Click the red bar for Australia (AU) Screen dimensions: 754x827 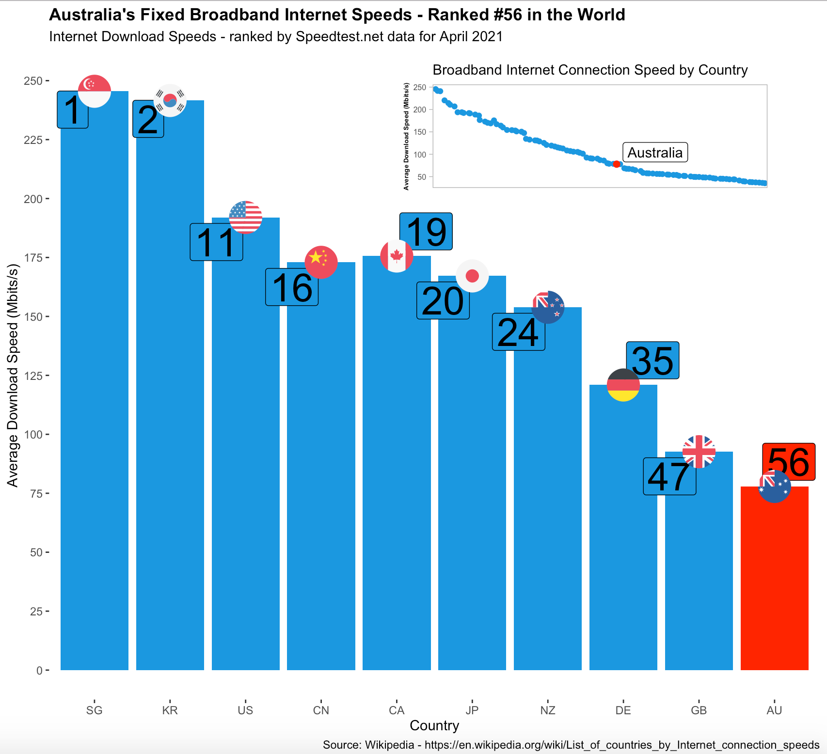coord(774,581)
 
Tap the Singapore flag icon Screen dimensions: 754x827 coord(95,91)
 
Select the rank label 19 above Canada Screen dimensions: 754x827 coord(426,232)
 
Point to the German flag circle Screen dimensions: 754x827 coord(623,385)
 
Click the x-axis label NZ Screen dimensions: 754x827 coord(547,710)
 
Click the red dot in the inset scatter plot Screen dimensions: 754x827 coord(616,164)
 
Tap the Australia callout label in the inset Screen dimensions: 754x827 coord(654,153)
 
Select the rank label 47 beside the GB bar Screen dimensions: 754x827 coord(669,477)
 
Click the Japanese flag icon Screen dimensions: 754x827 coord(472,276)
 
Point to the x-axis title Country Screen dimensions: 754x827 coord(434,725)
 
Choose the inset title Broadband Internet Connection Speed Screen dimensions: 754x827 coord(589,70)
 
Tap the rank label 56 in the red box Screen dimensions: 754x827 coord(788,462)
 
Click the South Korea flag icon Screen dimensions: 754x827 coord(170,100)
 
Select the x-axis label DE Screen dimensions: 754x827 coord(623,710)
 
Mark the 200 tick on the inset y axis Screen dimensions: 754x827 coord(420,110)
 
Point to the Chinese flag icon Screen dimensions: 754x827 coord(321,262)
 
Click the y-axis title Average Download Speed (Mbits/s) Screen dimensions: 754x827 coord(13,376)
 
